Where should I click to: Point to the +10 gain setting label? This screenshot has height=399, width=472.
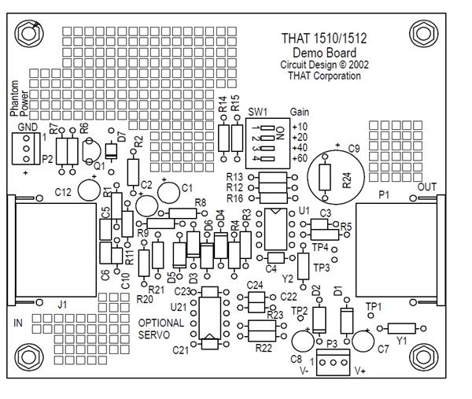(301, 126)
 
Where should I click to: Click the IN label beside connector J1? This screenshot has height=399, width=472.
(19, 323)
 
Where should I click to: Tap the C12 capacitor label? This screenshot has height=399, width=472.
(64, 191)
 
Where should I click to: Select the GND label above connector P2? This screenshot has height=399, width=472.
(27, 127)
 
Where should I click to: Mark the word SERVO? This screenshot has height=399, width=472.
(154, 334)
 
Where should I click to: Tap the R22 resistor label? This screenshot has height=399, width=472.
(264, 347)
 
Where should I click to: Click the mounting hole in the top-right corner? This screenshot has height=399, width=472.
(423, 32)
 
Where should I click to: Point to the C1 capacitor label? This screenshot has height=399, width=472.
(186, 188)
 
